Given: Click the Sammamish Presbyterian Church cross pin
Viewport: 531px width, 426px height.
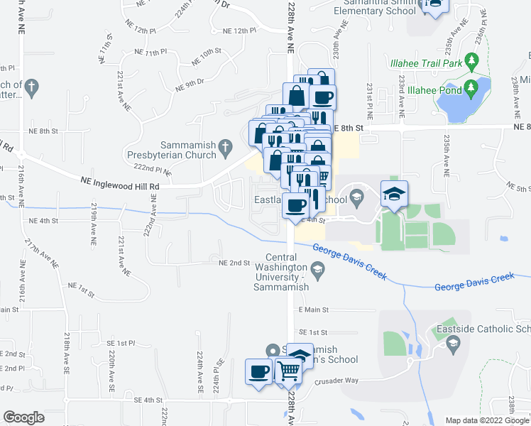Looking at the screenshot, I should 225,148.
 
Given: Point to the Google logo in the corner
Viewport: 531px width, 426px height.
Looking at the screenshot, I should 23,417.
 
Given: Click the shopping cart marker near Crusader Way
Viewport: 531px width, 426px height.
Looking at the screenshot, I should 287,371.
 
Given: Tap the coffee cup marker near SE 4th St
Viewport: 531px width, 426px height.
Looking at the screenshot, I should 258,371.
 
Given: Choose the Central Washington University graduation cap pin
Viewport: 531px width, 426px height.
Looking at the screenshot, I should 317,268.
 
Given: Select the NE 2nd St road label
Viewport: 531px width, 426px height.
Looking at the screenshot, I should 235,263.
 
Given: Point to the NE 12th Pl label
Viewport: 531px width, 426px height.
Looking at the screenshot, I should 239,31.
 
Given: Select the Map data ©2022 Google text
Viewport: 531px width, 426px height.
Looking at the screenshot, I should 486,420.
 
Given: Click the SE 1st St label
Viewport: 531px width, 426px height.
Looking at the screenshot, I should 313,332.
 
